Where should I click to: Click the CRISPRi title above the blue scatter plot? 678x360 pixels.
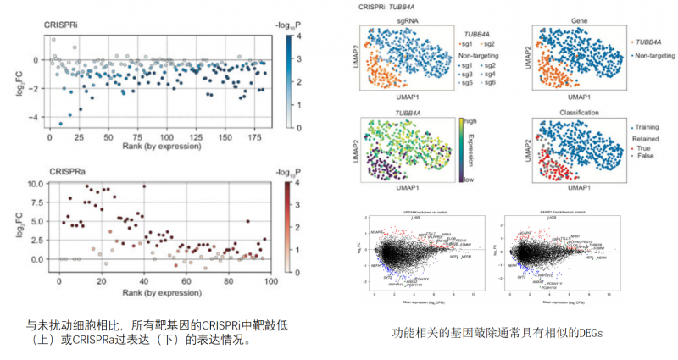click(x=61, y=25)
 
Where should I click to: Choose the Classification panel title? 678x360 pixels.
click(x=582, y=113)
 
